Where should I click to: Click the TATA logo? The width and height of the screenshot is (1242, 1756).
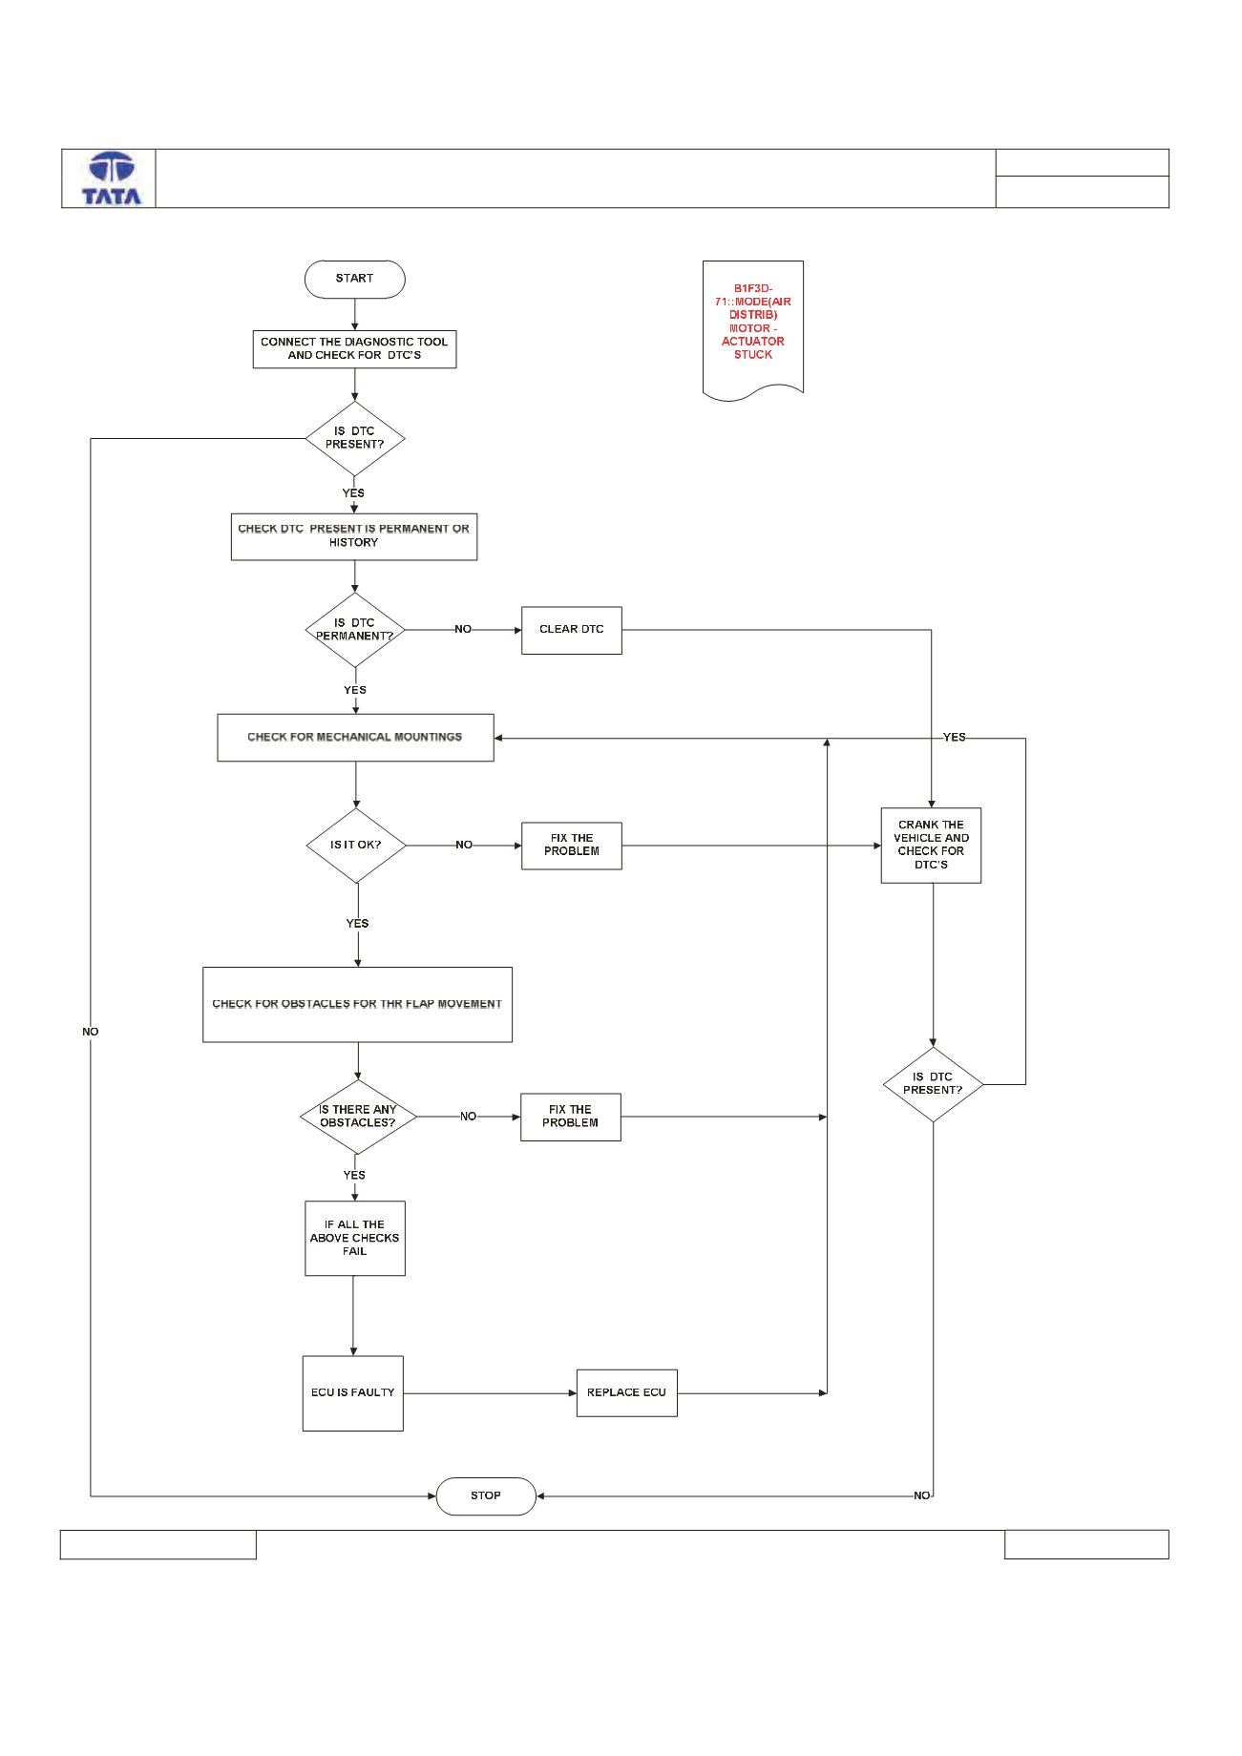[x=112, y=178]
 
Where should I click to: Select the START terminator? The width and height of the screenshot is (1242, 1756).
[x=354, y=279]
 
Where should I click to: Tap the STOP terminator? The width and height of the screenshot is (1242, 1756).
[x=486, y=1495]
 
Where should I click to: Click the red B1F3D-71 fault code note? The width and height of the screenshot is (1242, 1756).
[x=753, y=329]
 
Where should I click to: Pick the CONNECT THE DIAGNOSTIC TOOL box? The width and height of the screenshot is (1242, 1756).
[x=354, y=348]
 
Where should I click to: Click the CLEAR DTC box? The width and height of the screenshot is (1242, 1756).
[x=572, y=630]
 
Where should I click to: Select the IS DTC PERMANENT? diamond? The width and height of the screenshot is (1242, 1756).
[x=355, y=630]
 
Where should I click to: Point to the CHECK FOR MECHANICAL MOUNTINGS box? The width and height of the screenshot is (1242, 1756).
[x=355, y=738]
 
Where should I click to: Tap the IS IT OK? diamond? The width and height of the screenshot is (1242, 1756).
[x=356, y=846]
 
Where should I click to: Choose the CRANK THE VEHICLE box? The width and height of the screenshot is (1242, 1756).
[x=931, y=846]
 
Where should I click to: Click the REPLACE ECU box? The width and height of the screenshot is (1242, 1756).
[x=626, y=1393]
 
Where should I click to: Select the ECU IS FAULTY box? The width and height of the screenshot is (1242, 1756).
[x=353, y=1393]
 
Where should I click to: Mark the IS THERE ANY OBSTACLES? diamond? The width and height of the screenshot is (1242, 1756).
[x=358, y=1117]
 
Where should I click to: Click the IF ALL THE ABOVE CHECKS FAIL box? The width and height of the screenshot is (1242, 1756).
[x=355, y=1238]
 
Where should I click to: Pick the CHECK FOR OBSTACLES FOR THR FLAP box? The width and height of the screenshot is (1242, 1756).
[x=358, y=1005]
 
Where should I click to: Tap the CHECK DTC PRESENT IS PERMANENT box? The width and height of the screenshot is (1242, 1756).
[x=354, y=536]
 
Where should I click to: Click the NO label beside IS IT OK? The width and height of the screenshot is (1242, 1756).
[x=464, y=845]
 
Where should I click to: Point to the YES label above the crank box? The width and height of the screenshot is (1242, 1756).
[x=955, y=737]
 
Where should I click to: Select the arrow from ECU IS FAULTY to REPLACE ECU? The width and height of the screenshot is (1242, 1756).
[x=490, y=1393]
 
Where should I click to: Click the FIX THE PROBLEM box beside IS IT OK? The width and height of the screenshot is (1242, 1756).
[x=572, y=846]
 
